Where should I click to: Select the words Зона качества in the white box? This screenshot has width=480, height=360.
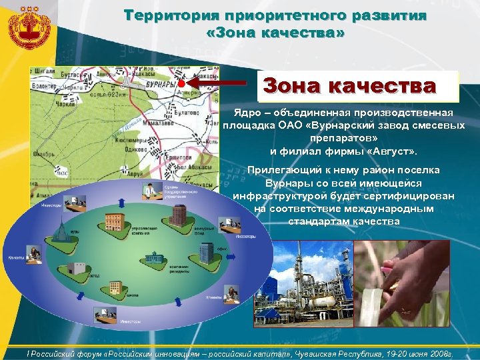349,86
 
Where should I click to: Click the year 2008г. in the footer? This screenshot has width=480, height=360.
437,355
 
